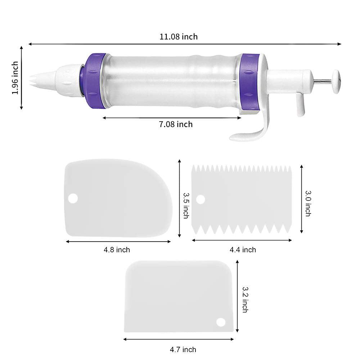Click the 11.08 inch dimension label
(179, 37)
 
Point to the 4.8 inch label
(117, 249)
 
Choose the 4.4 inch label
(243, 249)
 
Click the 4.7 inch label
(183, 349)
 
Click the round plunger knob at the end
(336, 81)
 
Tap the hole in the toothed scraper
(201, 199)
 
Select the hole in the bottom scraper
(220, 321)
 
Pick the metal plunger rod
(323, 81)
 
